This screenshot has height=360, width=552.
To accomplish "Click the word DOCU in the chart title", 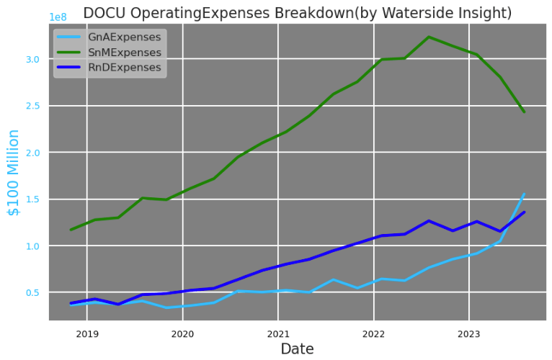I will (102, 13).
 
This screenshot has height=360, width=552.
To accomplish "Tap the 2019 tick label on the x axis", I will (87, 333).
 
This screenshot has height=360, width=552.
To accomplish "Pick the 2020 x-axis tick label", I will (183, 333).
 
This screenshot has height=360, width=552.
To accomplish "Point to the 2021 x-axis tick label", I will (278, 333).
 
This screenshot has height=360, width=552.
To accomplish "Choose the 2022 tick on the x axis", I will (373, 333).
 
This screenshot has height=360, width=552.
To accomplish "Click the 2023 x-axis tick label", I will (469, 333).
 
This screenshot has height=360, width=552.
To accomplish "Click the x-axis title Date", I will (297, 349).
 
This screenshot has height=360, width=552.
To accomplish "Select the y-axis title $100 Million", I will (14, 172).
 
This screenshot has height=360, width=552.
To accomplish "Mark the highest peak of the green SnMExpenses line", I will (429, 37).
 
